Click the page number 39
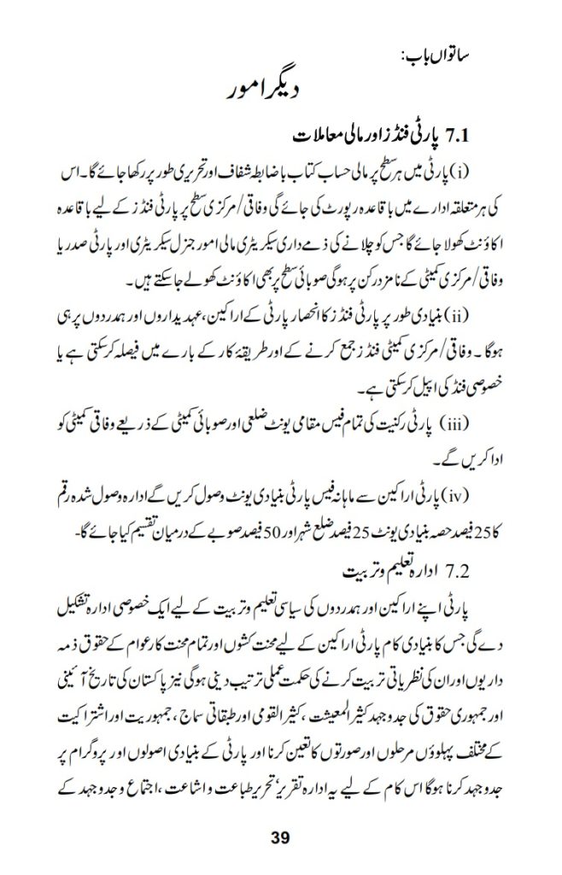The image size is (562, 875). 281,837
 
